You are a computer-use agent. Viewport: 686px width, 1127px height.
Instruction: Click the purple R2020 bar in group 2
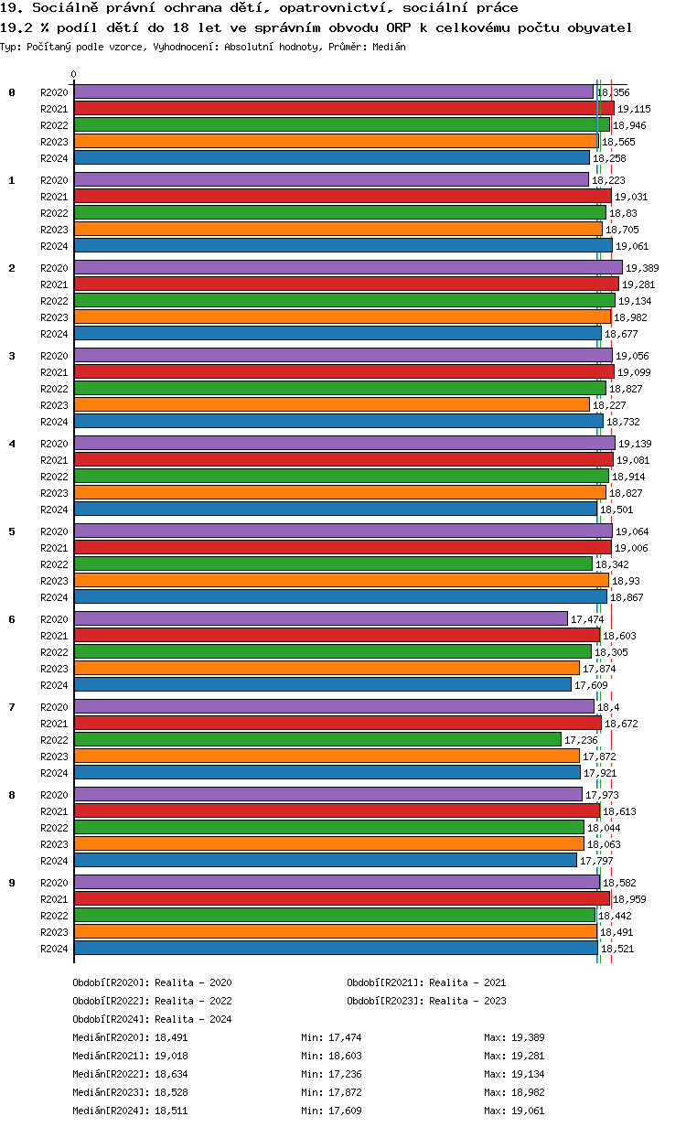(x=348, y=267)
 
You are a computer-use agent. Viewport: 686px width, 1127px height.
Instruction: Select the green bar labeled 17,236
(x=317, y=739)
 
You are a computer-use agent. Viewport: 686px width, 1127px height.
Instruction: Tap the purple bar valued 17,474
(x=320, y=618)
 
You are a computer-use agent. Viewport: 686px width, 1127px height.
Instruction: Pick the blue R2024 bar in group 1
(x=343, y=245)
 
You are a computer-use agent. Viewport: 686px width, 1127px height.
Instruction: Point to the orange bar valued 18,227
(x=331, y=404)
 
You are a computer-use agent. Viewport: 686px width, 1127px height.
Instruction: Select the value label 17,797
(x=596, y=861)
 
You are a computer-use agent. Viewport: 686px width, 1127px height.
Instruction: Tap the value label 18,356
(x=613, y=92)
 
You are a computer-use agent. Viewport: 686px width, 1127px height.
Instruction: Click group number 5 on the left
(x=12, y=531)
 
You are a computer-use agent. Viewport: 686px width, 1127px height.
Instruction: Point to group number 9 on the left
(x=12, y=882)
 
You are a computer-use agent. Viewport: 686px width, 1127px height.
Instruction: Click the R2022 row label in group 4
(x=54, y=477)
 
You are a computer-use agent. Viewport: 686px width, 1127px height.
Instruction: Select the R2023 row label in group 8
(x=54, y=844)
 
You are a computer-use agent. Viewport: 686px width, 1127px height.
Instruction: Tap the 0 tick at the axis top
(x=74, y=75)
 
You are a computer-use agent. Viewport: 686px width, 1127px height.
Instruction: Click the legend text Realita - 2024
(x=193, y=1019)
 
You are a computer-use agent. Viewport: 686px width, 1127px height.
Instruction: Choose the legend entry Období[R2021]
(x=385, y=982)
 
